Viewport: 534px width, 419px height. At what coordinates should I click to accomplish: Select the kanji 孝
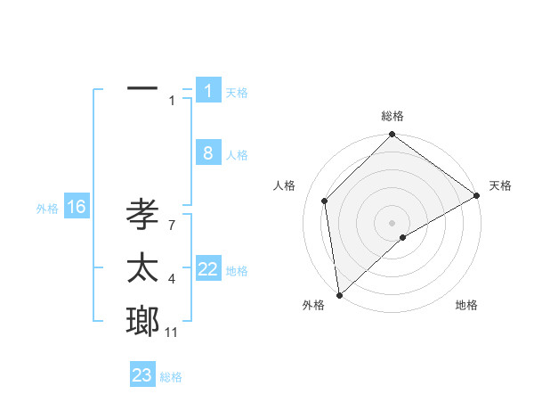(142, 215)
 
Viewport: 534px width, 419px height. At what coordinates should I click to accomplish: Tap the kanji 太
(142, 267)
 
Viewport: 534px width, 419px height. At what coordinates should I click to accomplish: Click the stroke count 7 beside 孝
(172, 226)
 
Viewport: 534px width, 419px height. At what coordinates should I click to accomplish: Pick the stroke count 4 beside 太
(172, 279)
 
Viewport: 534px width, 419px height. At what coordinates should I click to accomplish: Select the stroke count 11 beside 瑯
(172, 333)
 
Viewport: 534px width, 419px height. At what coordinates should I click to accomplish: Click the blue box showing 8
(208, 153)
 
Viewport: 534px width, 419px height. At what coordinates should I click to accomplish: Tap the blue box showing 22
(208, 269)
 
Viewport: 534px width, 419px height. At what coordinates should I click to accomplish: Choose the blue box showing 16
(77, 208)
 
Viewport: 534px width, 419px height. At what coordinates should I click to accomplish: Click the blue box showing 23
(142, 375)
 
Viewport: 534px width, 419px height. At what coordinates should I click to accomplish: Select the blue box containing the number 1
(208, 90)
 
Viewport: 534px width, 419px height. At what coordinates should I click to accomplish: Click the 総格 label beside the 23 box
(171, 377)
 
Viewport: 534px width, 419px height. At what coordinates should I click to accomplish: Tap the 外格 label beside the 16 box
(47, 209)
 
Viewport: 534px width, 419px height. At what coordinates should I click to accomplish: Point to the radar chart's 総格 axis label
(392, 116)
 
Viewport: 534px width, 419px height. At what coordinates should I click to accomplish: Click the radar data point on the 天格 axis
(477, 196)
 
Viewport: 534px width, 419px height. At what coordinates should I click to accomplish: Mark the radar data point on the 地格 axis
(403, 237)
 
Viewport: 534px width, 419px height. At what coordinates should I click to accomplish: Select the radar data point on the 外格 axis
(339, 294)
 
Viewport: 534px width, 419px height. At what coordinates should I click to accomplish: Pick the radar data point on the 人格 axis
(325, 201)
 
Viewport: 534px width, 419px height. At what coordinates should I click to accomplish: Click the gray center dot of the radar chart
(392, 222)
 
